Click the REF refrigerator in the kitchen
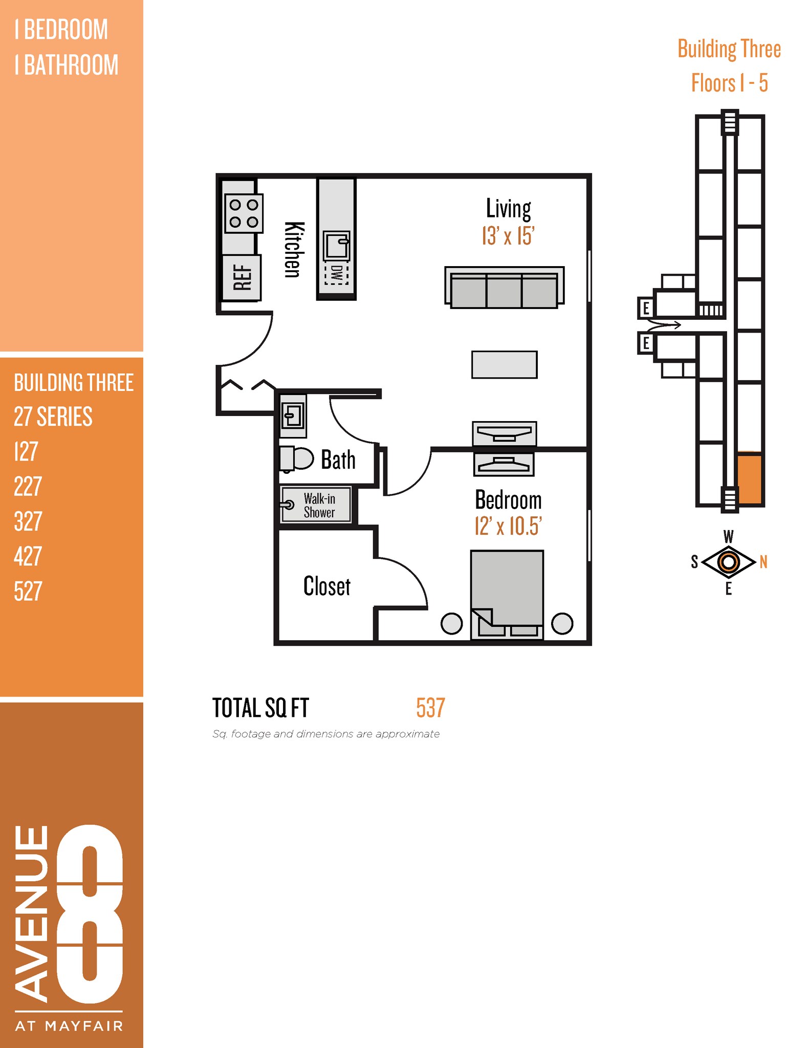click(242, 277)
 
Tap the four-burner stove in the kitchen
click(244, 213)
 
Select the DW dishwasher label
click(336, 274)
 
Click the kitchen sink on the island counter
click(336, 246)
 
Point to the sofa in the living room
click(504, 288)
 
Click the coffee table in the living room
click(504, 364)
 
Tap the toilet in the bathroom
click(296, 458)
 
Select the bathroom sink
click(293, 415)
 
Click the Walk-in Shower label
click(319, 505)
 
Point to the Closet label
click(326, 586)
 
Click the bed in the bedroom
click(507, 594)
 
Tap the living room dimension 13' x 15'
click(508, 236)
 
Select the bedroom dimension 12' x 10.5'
click(508, 526)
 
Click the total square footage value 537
click(430, 708)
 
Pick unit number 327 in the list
click(28, 521)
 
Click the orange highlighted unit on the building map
click(749, 479)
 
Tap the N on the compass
click(763, 562)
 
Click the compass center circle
click(729, 562)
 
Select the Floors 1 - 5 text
click(729, 83)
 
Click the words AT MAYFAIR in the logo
click(69, 1026)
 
